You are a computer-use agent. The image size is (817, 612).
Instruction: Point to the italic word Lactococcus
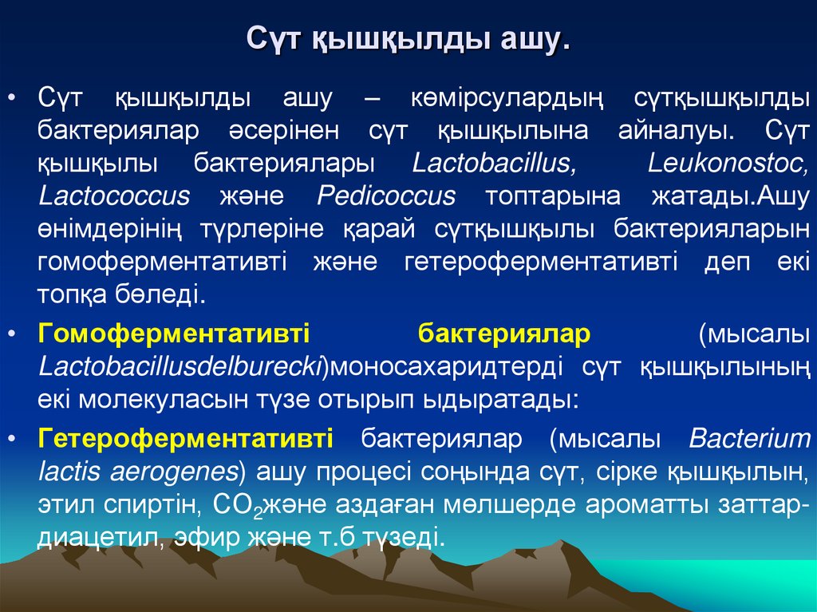(114, 195)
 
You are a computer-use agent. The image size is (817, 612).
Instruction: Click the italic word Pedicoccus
(386, 195)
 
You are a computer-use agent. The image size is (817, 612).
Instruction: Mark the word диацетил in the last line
(95, 537)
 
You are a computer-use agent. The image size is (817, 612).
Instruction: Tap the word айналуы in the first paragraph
(672, 130)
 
